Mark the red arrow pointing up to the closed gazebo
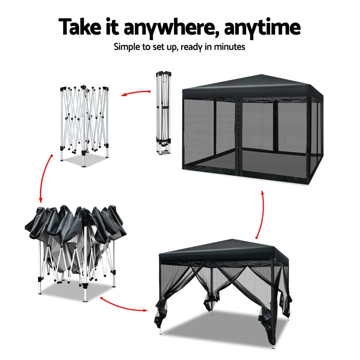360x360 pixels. (x=262, y=214)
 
